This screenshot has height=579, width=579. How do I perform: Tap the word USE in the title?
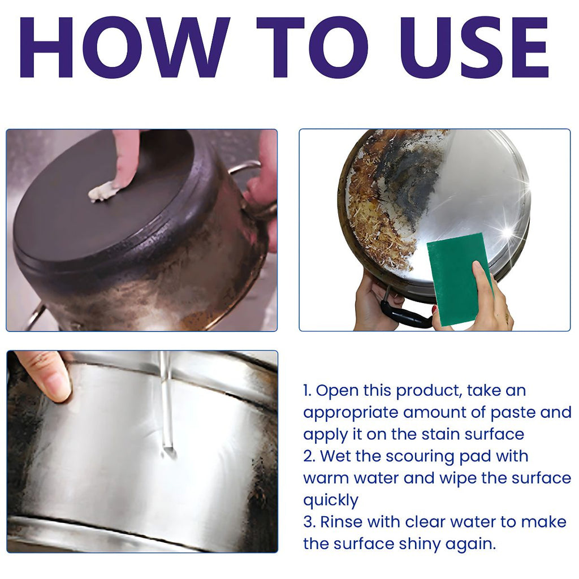474,47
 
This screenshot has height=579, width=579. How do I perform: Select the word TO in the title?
313,47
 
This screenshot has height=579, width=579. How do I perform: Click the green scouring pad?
460,279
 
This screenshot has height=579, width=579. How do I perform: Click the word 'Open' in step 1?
337,391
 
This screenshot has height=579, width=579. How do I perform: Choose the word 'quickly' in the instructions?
330,501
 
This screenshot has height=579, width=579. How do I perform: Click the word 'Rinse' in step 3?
342,522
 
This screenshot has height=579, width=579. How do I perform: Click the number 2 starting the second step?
308,457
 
